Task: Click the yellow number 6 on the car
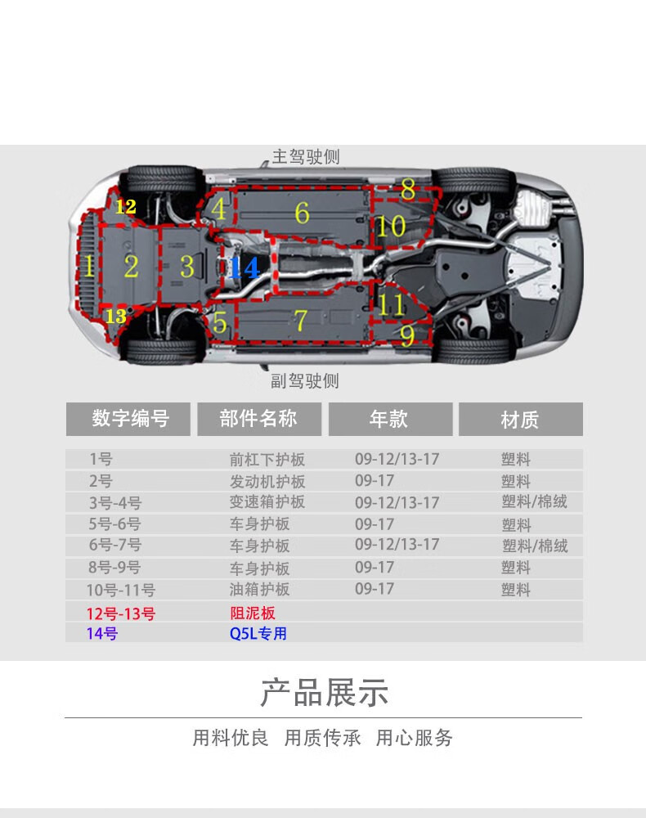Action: click(x=302, y=213)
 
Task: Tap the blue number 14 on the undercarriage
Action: click(x=243, y=268)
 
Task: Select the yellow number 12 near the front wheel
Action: click(x=125, y=207)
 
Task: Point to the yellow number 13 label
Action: click(x=116, y=316)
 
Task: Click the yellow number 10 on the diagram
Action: click(x=391, y=226)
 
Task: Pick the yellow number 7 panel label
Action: click(x=300, y=321)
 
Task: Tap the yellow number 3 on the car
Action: click(x=187, y=267)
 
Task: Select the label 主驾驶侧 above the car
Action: click(x=305, y=156)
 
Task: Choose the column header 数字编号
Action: click(x=130, y=420)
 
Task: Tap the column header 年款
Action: click(x=388, y=420)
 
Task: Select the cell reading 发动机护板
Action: click(x=267, y=481)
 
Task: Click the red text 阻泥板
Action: click(x=252, y=613)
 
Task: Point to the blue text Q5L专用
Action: click(x=258, y=633)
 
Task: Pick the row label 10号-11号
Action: click(x=121, y=590)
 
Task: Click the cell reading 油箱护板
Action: click(x=259, y=589)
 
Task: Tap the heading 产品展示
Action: click(x=324, y=693)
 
